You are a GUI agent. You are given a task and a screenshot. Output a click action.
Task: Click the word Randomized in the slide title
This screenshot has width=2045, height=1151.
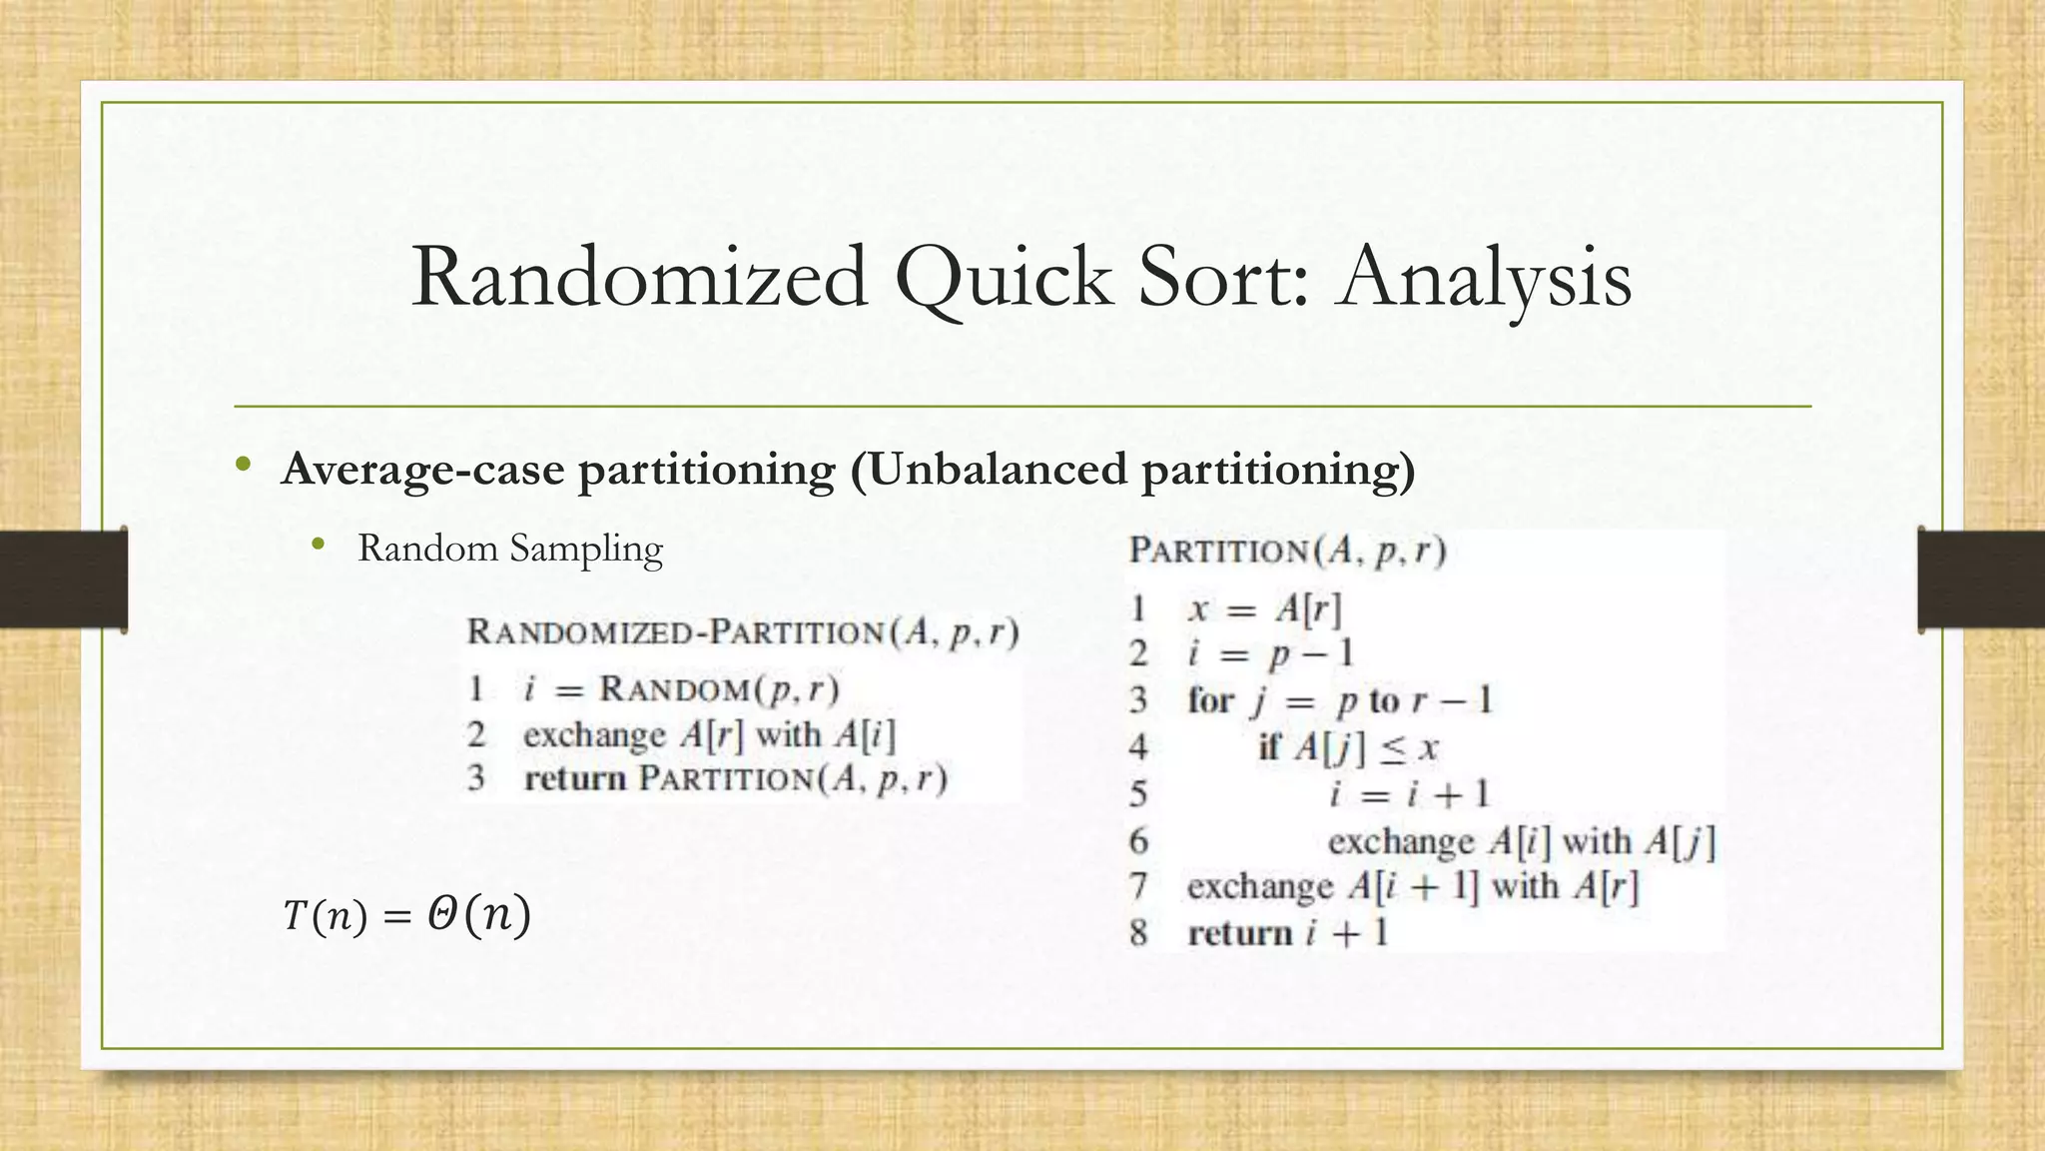(640, 278)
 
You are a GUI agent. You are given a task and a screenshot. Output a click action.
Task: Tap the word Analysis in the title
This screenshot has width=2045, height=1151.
(1486, 278)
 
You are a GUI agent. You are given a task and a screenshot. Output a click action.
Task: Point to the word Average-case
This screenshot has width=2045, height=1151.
(423, 470)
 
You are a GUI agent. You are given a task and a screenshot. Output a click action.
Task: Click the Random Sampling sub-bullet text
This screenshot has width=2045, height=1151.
(510, 549)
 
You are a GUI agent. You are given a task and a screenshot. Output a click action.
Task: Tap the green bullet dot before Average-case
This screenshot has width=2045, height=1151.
(243, 465)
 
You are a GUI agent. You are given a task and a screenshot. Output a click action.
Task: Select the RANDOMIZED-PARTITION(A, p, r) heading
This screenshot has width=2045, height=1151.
(743, 632)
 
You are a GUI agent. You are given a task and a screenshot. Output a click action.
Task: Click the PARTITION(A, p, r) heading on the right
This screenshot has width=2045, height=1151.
(1287, 551)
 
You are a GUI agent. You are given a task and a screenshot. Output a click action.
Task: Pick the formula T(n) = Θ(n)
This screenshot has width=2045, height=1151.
(406, 915)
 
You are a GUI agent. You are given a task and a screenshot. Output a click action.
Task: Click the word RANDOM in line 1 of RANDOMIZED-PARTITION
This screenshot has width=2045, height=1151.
(674, 689)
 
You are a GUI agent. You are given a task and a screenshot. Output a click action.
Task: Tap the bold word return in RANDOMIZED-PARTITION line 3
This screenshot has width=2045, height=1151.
(575, 778)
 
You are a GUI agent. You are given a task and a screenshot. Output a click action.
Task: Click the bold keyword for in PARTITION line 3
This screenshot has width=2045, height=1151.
(1210, 700)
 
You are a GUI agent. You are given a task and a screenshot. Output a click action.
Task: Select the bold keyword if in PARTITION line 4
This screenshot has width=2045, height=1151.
(1269, 746)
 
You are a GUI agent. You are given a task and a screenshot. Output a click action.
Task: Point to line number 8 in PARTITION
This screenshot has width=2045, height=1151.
(1139, 933)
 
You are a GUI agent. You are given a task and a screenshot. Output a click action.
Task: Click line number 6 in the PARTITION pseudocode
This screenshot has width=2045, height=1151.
(1139, 841)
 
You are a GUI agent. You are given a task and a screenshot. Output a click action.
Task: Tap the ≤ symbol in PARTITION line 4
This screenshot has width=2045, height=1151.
(1392, 747)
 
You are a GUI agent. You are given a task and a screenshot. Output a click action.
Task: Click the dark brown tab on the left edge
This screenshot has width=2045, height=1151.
(63, 579)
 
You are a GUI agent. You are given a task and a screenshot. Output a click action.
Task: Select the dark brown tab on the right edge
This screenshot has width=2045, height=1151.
(1981, 579)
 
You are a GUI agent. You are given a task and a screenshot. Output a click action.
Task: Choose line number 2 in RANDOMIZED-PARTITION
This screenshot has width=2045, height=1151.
(476, 734)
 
